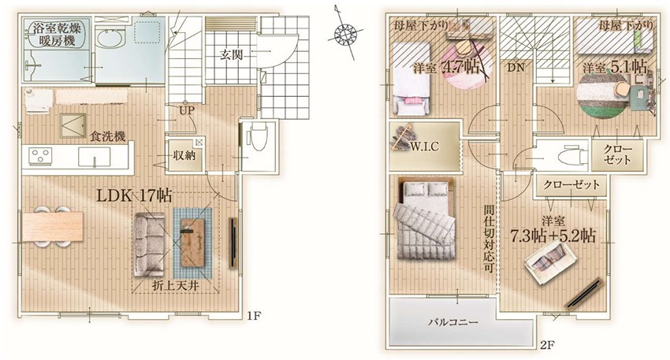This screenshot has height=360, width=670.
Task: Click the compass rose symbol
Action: (x=346, y=33)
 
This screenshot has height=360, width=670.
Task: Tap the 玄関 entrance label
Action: (x=232, y=54)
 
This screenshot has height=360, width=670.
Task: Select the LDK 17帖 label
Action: (x=134, y=195)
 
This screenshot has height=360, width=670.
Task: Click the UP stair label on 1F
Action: (x=187, y=110)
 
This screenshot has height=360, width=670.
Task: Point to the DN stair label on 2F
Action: (x=516, y=68)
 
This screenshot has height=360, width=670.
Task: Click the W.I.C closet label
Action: (x=424, y=147)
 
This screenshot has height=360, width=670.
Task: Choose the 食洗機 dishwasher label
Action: (x=108, y=136)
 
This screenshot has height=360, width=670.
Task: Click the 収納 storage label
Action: (x=184, y=155)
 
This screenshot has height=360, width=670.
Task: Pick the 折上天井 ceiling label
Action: (x=176, y=286)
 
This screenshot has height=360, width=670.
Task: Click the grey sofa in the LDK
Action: (x=150, y=244)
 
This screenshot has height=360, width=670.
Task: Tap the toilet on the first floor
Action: (x=258, y=136)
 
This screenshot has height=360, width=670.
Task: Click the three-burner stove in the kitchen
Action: (x=40, y=155)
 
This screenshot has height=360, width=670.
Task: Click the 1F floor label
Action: (x=253, y=317)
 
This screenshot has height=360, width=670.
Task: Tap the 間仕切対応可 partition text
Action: (x=489, y=239)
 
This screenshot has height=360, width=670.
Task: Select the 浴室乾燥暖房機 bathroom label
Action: (x=54, y=34)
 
